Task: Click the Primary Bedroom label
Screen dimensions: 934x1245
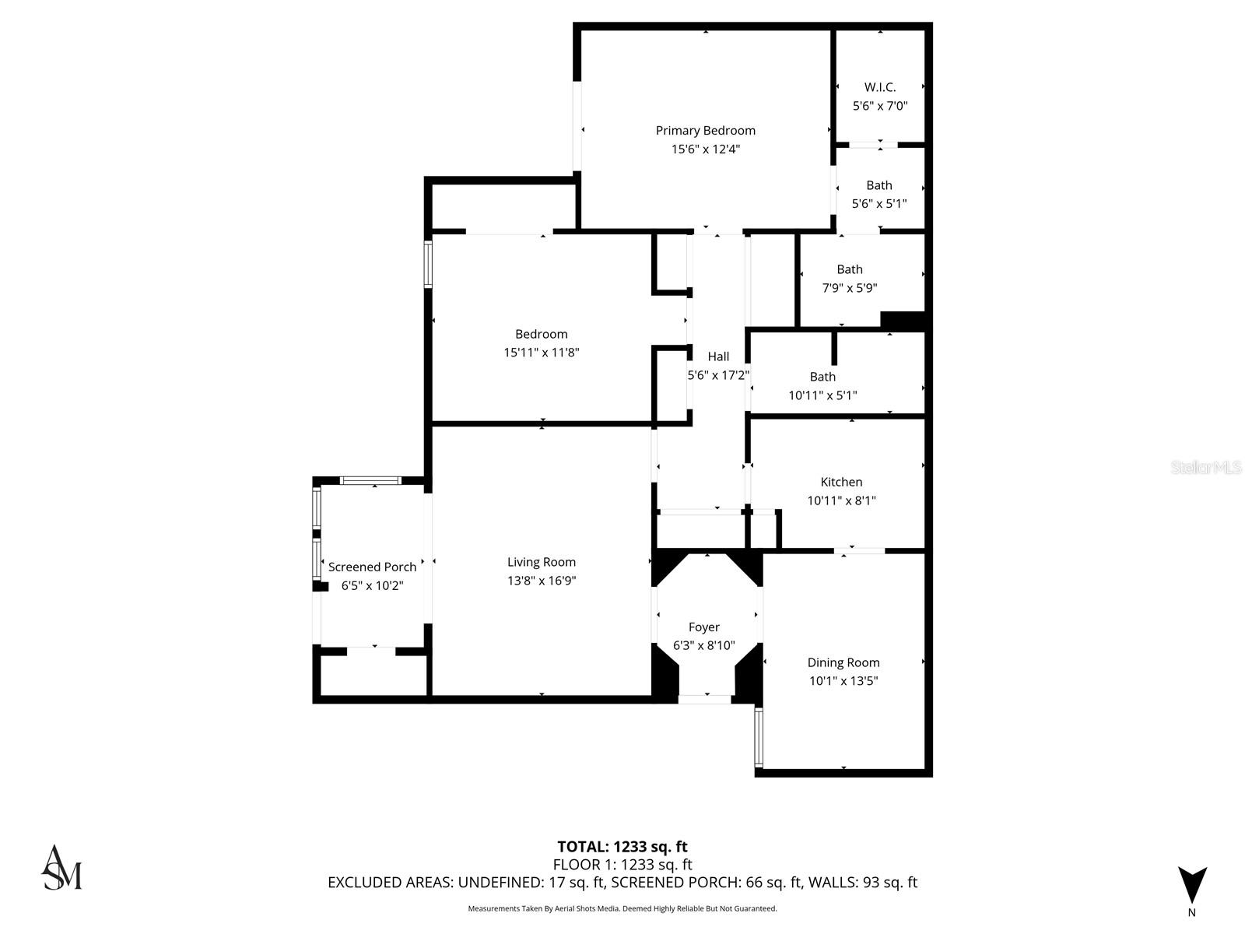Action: (x=705, y=131)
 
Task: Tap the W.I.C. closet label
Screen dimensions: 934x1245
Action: (x=880, y=87)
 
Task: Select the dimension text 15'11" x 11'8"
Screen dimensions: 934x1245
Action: (x=542, y=353)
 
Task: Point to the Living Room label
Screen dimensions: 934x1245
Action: (x=542, y=562)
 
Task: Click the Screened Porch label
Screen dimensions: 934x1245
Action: (x=372, y=567)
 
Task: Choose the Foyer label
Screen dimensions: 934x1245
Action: (x=704, y=627)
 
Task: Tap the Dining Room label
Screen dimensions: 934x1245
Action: (x=843, y=662)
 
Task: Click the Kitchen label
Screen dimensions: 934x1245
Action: (x=841, y=482)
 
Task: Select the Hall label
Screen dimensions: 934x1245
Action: (x=718, y=356)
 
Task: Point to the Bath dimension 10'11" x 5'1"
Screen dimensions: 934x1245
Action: (x=822, y=395)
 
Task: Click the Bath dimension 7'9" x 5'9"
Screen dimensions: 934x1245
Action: (x=850, y=288)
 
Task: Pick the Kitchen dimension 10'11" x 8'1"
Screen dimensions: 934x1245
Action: (x=841, y=501)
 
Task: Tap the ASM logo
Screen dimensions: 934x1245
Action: (x=61, y=868)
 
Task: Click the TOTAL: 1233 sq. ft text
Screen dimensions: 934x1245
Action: (x=622, y=847)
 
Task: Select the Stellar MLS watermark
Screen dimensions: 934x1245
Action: (x=1206, y=467)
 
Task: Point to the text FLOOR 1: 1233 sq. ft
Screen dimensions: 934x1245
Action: (x=622, y=865)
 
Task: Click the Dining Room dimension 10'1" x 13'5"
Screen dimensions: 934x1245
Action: (x=843, y=681)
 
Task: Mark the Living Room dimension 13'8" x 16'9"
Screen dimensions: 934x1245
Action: (x=542, y=581)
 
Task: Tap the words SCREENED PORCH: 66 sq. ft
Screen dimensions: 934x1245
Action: (x=706, y=883)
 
